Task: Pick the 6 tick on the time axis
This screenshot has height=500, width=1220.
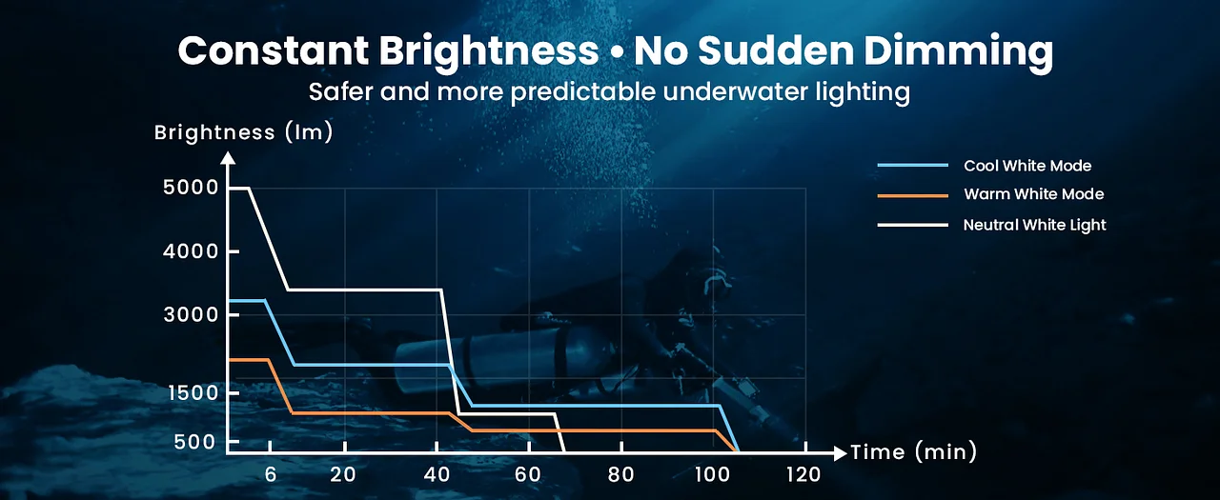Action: click(271, 475)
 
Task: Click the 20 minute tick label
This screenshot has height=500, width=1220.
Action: click(343, 475)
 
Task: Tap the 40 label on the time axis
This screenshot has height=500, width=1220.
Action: click(436, 475)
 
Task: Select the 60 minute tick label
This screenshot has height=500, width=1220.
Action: click(528, 475)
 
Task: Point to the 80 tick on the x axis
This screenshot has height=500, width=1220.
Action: click(620, 475)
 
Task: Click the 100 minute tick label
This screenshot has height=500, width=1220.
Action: click(712, 475)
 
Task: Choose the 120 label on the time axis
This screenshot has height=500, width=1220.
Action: click(804, 475)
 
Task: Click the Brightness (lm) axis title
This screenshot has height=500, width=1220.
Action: click(244, 132)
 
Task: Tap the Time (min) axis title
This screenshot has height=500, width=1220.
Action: click(913, 452)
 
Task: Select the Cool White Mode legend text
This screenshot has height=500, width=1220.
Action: click(1027, 166)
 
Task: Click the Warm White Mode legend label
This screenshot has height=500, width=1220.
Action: click(1033, 194)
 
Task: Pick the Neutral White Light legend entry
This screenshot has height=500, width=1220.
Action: click(1034, 225)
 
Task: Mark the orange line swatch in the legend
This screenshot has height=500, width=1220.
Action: click(913, 194)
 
